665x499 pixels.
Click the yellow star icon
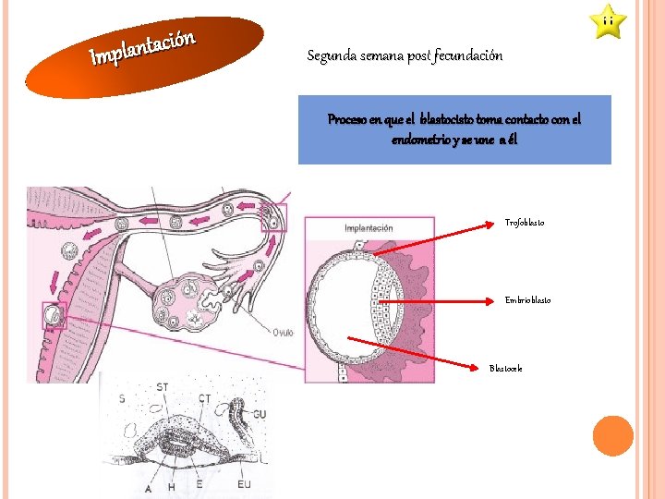(x=609, y=21)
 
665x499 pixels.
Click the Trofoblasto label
(x=525, y=223)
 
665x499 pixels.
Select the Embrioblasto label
(x=528, y=300)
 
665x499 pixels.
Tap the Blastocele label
(x=506, y=369)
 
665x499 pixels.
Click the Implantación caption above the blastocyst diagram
(x=369, y=228)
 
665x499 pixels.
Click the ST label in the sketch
(x=163, y=387)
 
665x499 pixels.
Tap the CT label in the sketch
(x=205, y=398)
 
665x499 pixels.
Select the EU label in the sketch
(x=244, y=483)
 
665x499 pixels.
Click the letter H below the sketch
(x=170, y=487)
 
